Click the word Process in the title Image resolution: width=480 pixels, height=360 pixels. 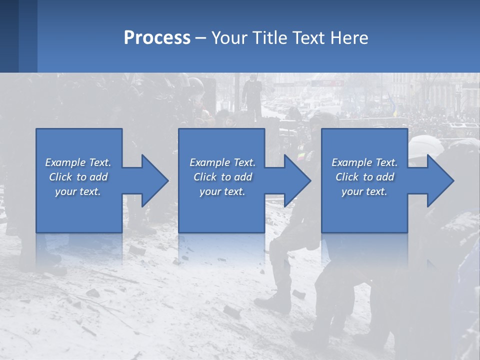coord(157,38)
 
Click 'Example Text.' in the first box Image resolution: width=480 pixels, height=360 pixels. coord(78,162)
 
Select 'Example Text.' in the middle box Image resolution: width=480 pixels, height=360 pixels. coord(222,162)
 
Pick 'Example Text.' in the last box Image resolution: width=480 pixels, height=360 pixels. coord(364,162)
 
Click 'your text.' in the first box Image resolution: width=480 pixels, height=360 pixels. coord(78,191)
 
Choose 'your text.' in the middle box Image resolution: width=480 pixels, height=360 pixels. coord(222,191)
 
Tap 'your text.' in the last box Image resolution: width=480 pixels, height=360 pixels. coord(364,191)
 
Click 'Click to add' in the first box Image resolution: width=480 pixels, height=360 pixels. coord(78,177)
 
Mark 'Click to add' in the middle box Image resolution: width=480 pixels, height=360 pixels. coord(222,177)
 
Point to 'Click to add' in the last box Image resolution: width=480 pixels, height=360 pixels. coord(364,177)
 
